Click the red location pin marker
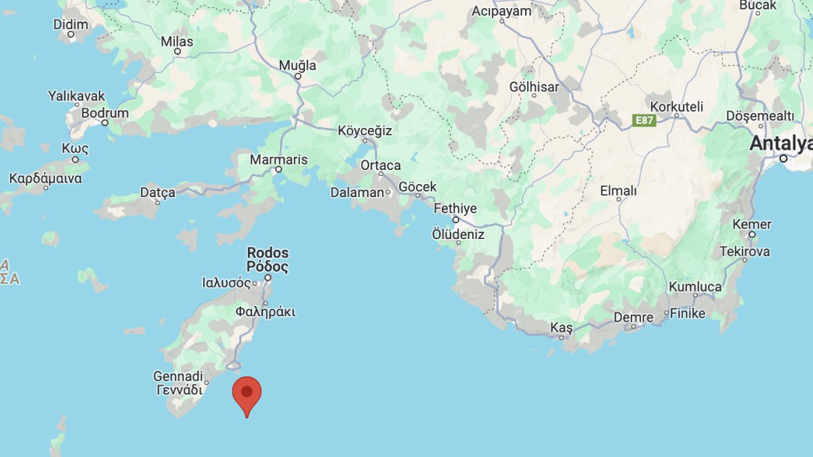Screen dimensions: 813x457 coord(247,393)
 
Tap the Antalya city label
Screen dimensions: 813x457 coord(780,144)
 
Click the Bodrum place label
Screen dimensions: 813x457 coord(105,113)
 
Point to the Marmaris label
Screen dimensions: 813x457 coord(278,160)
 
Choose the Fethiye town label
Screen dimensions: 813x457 coord(455,208)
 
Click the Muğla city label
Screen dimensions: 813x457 coord(298,66)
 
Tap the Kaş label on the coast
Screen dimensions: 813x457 coord(561,328)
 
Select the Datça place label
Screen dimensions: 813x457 coord(157,192)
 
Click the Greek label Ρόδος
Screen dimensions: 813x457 coord(268,267)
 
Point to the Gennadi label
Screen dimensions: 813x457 coord(178,376)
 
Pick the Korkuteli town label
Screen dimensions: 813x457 coord(676,106)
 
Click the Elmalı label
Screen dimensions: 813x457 coord(619,191)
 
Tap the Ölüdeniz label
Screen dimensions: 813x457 coord(459,234)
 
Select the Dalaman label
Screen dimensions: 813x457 coord(357,192)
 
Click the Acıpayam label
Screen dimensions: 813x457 coord(501,10)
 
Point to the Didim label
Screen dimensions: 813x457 coord(70,24)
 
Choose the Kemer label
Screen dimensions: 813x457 coord(752,224)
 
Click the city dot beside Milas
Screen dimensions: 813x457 coord(178,51)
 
